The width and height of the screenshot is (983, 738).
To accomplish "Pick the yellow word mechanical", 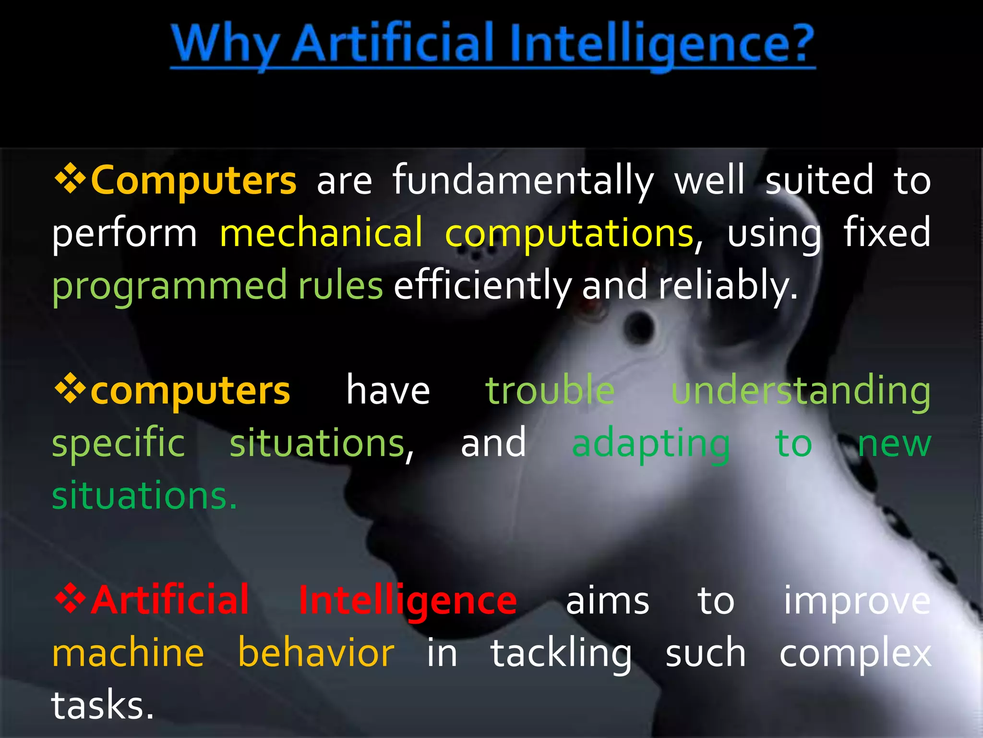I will point(321,234).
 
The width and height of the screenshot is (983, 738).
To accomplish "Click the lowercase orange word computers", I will point(190,391).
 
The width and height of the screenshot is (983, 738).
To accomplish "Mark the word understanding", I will point(801,392).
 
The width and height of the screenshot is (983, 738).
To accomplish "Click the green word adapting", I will point(651,444).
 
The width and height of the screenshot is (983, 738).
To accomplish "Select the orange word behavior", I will point(316,653).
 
